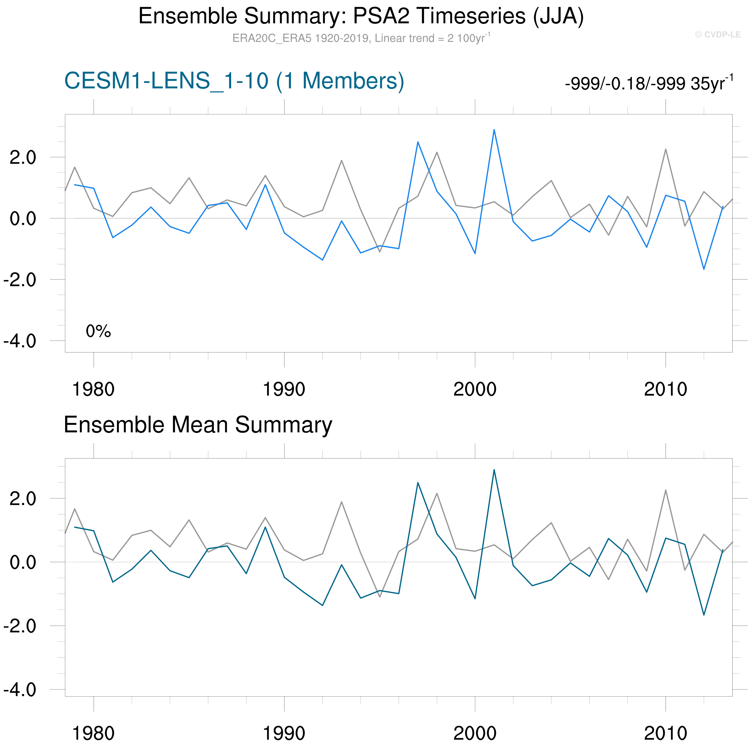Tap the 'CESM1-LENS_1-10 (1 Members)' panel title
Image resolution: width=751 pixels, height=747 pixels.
pyautogui.click(x=234, y=81)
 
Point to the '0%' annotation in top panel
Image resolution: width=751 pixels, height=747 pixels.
pyautogui.click(x=98, y=331)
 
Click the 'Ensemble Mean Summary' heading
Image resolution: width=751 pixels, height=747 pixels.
pyautogui.click(x=198, y=425)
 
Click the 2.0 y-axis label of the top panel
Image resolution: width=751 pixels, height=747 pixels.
pyautogui.click(x=22, y=158)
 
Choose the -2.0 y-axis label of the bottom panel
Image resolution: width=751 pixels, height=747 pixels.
pyautogui.click(x=20, y=626)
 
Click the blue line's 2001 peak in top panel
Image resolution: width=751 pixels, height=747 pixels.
pyautogui.click(x=494, y=130)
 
